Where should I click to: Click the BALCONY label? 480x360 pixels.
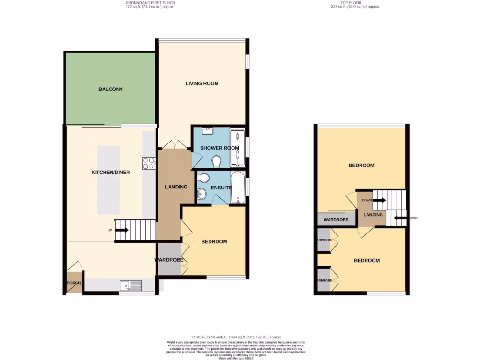pyautogui.click(x=111, y=89)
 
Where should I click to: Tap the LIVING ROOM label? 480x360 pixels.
pyautogui.click(x=202, y=84)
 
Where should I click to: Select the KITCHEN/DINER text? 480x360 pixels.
pyautogui.click(x=111, y=172)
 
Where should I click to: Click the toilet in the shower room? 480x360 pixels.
pyautogui.click(x=217, y=162)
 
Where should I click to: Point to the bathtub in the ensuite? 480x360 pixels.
pyautogui.click(x=237, y=187)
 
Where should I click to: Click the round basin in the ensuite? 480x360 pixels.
pyautogui.click(x=202, y=193)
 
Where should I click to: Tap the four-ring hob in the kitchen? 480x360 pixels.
pyautogui.click(x=149, y=163)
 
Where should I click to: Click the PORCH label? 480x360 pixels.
pyautogui.click(x=73, y=283)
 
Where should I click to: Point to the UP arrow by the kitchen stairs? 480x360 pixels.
pyautogui.click(x=122, y=230)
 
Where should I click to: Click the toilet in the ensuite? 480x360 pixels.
pyautogui.click(x=203, y=178)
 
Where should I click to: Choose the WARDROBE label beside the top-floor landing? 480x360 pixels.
pyautogui.click(x=336, y=219)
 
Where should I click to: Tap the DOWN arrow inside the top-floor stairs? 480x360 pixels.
pyautogui.click(x=379, y=200)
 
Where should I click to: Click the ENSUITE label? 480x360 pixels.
pyautogui.click(x=221, y=187)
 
